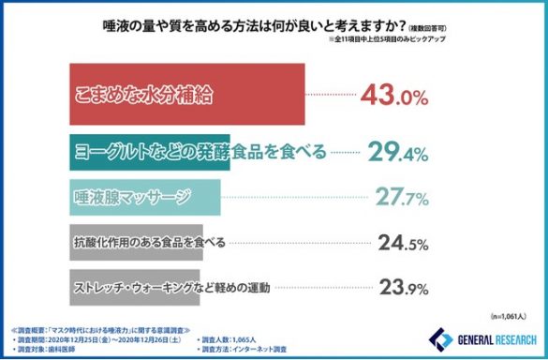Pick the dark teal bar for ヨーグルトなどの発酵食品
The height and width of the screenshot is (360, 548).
click(150, 152)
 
